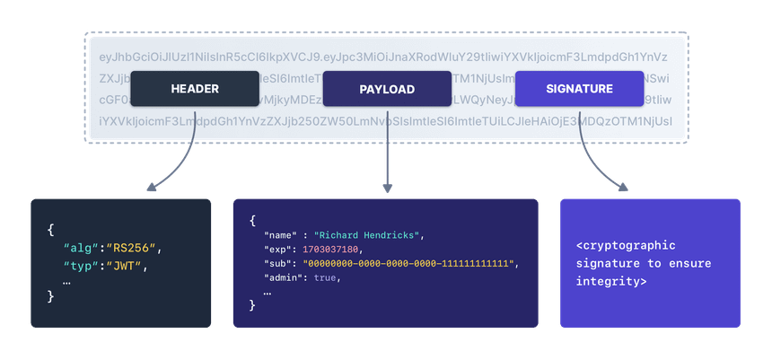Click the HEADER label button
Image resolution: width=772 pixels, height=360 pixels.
[x=195, y=89]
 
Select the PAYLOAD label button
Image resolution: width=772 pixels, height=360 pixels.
[x=387, y=89]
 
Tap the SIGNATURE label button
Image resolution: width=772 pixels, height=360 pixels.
[x=579, y=89]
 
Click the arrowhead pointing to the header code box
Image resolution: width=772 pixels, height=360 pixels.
[x=150, y=188]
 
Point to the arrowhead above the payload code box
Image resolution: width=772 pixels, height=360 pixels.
[x=387, y=188]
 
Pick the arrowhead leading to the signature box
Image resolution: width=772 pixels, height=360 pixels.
[x=623, y=187]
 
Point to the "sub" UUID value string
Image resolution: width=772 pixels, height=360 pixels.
[x=408, y=263]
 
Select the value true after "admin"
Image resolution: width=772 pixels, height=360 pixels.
[x=327, y=277]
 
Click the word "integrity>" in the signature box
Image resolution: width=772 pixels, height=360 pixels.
[x=612, y=281]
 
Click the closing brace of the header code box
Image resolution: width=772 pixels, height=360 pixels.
[x=51, y=297]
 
